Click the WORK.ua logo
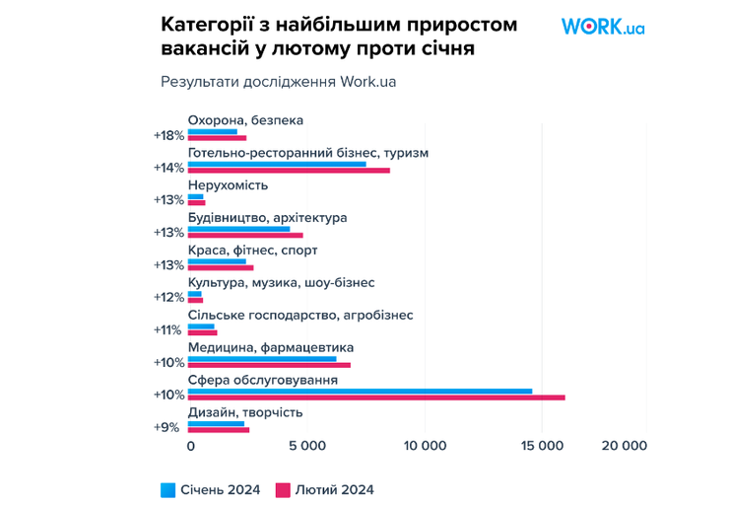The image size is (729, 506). click(602, 27)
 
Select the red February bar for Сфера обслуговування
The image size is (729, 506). click(376, 398)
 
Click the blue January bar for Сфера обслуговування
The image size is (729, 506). click(360, 391)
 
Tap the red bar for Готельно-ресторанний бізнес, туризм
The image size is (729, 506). click(289, 171)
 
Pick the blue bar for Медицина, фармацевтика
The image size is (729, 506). click(262, 358)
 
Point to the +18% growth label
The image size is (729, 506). click(168, 135)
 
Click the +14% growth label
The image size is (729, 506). click(168, 168)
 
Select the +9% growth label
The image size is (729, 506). click(169, 427)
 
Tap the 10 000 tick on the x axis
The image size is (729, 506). click(426, 446)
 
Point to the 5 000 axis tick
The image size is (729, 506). click(307, 446)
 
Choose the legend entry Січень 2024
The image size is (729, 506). click(210, 489)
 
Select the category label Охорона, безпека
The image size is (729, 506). click(245, 120)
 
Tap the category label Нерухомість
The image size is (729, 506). click(228, 185)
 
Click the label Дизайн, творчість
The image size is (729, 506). click(245, 412)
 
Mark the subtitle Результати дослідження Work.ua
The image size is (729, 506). click(278, 82)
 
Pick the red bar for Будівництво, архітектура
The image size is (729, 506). click(245, 236)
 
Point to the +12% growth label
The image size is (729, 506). click(168, 297)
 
